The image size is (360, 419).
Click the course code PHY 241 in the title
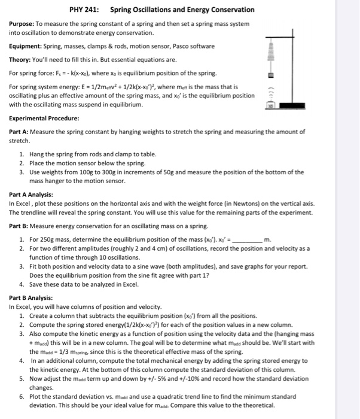click(85, 10)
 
